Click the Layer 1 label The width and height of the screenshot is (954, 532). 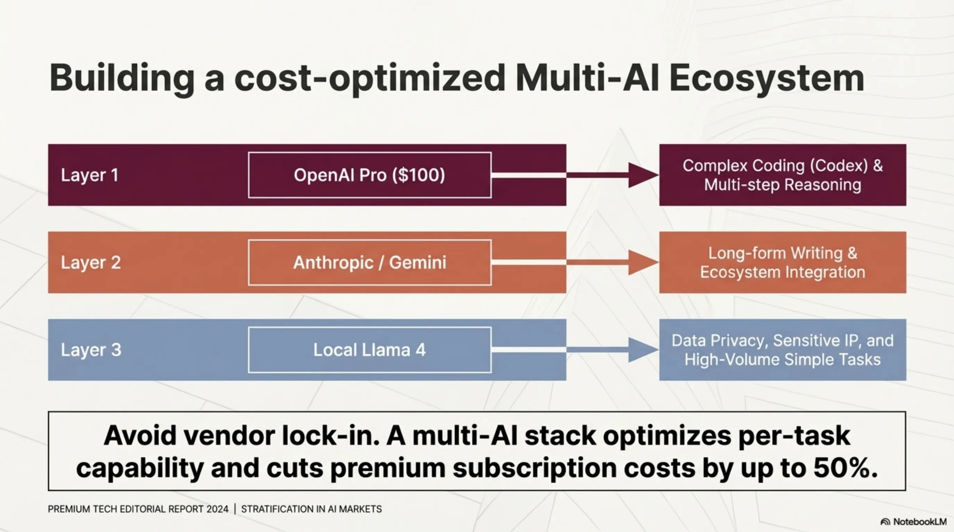pyautogui.click(x=90, y=175)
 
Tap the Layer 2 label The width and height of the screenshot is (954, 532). pyautogui.click(x=91, y=263)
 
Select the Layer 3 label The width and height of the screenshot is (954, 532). pyautogui.click(x=91, y=350)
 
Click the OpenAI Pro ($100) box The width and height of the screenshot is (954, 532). pyautogui.click(x=370, y=175)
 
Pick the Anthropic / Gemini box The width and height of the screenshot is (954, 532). pyautogui.click(x=370, y=263)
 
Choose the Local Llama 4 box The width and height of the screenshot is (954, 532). pyautogui.click(x=370, y=350)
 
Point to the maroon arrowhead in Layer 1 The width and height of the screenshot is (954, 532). pyautogui.click(x=642, y=175)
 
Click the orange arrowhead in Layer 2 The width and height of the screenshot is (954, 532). pyautogui.click(x=642, y=263)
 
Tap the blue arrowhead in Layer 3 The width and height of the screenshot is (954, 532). pyautogui.click(x=642, y=350)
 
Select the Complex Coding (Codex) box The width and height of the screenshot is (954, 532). pyautogui.click(x=782, y=175)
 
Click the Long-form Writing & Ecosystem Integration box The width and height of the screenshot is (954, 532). pyautogui.click(x=782, y=263)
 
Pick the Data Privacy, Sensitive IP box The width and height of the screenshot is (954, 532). pyautogui.click(x=782, y=350)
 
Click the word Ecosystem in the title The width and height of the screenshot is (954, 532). pyautogui.click(x=766, y=78)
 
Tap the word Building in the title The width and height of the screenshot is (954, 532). pyautogui.click(x=121, y=78)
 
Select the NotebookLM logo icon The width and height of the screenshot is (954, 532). pyautogui.click(x=885, y=522)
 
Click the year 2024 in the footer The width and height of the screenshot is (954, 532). pyautogui.click(x=217, y=509)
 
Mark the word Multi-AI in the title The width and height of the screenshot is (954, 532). pyautogui.click(x=587, y=78)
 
